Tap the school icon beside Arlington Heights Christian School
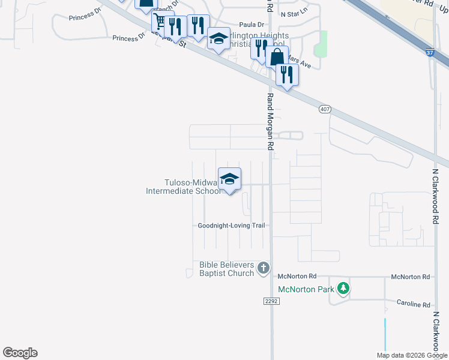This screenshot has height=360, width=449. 218,39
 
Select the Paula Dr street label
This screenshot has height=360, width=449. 252,25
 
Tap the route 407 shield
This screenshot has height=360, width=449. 325,109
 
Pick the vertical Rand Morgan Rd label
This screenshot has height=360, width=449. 270,121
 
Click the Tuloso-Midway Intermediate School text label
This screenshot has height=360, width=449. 184,187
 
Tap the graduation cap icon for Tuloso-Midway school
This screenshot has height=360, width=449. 229,178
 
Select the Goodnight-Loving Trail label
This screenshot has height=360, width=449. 232,226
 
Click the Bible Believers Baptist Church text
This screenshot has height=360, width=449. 227,269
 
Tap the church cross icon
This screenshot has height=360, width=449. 264,268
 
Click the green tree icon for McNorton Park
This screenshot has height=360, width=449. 343,289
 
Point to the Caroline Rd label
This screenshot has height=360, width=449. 413,304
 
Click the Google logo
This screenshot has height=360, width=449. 20,353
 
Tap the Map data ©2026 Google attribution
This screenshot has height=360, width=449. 411,355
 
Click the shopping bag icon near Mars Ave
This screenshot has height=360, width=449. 277,57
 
